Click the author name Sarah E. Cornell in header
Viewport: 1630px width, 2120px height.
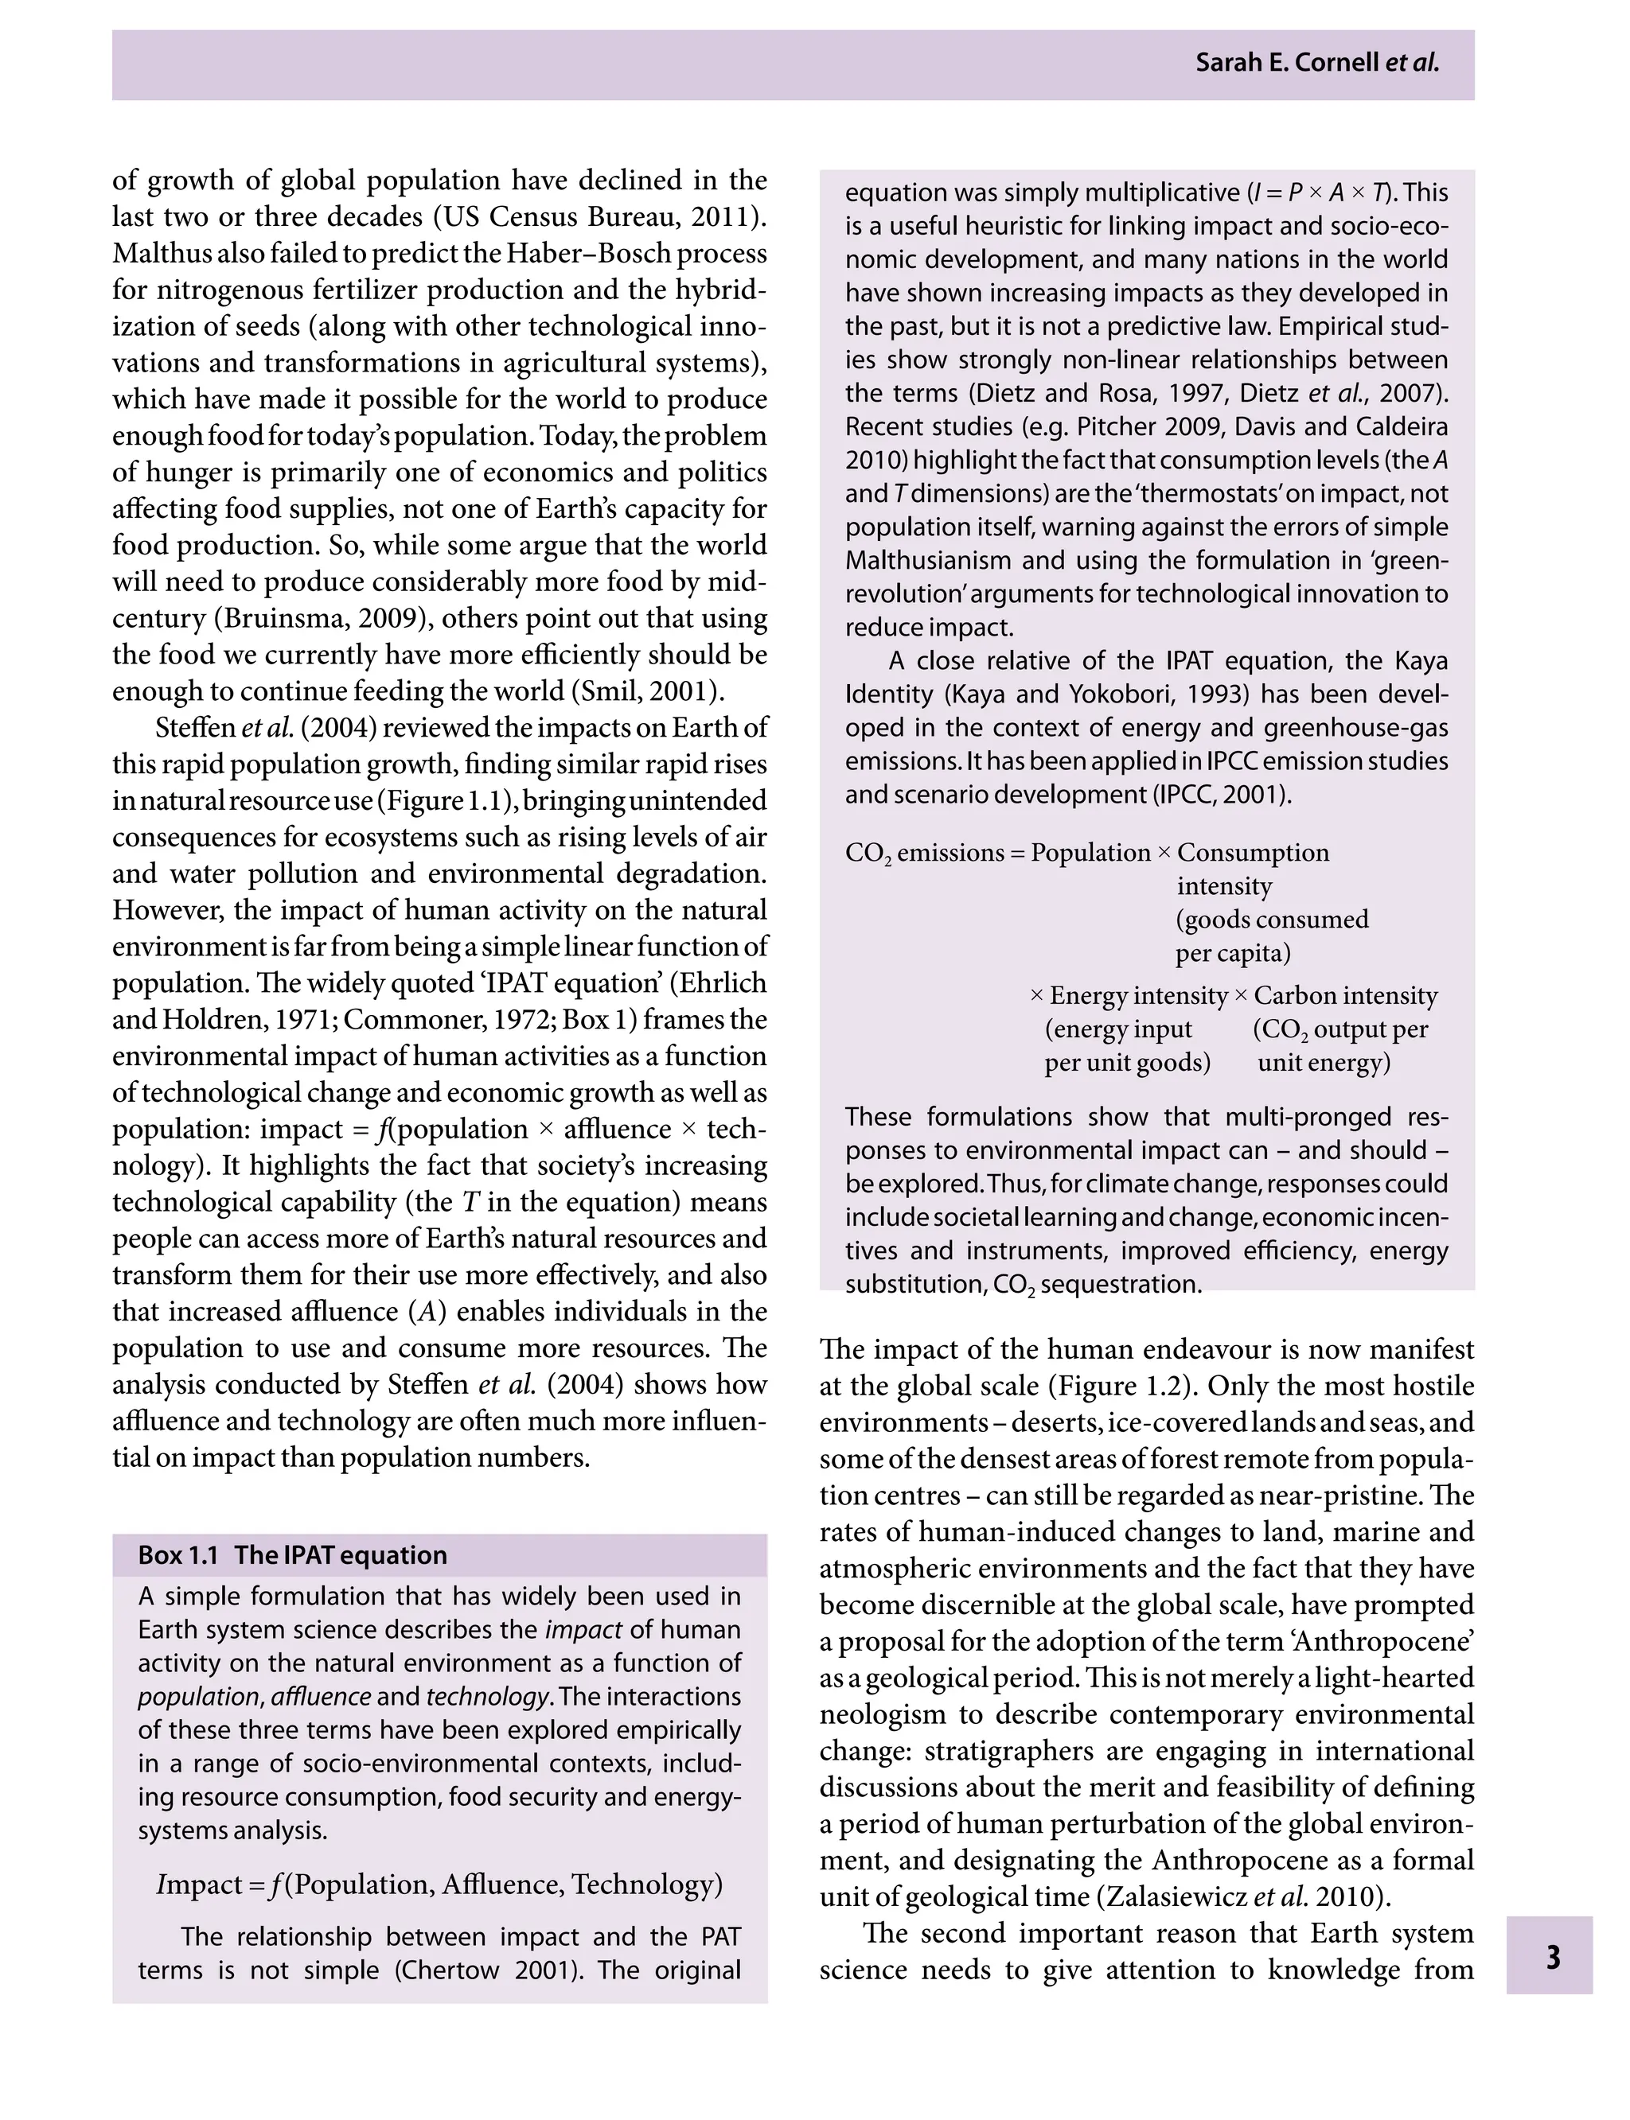[1289, 63]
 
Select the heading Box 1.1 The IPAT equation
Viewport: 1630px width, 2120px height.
[293, 1554]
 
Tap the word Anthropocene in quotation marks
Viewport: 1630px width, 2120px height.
[1373, 1641]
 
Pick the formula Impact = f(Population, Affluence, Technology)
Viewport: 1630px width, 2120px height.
[439, 1884]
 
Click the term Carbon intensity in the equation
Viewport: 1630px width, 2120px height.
[1345, 995]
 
